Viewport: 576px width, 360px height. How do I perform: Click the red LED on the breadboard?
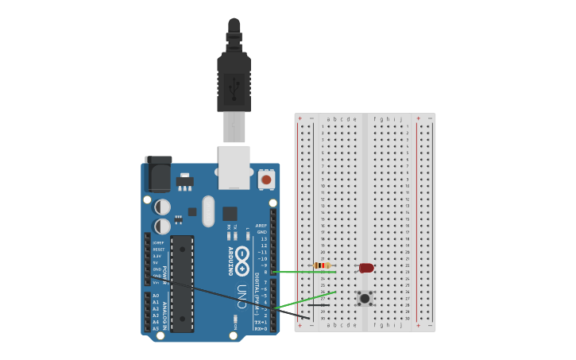(366, 268)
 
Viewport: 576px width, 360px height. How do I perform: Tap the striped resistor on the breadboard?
(322, 265)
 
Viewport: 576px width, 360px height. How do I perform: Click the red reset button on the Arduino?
(266, 180)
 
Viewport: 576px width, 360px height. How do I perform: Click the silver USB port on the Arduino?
(234, 167)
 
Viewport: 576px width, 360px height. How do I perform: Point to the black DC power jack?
(159, 173)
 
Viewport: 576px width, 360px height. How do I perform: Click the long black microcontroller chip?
(182, 283)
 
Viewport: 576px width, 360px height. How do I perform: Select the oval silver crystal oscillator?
(208, 211)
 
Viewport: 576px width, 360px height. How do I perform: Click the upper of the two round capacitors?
(162, 207)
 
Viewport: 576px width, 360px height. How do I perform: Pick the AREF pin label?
(261, 226)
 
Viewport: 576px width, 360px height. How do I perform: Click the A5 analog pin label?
(156, 328)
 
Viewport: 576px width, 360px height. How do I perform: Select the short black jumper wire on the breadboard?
(319, 304)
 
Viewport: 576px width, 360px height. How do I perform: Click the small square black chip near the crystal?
(230, 213)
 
